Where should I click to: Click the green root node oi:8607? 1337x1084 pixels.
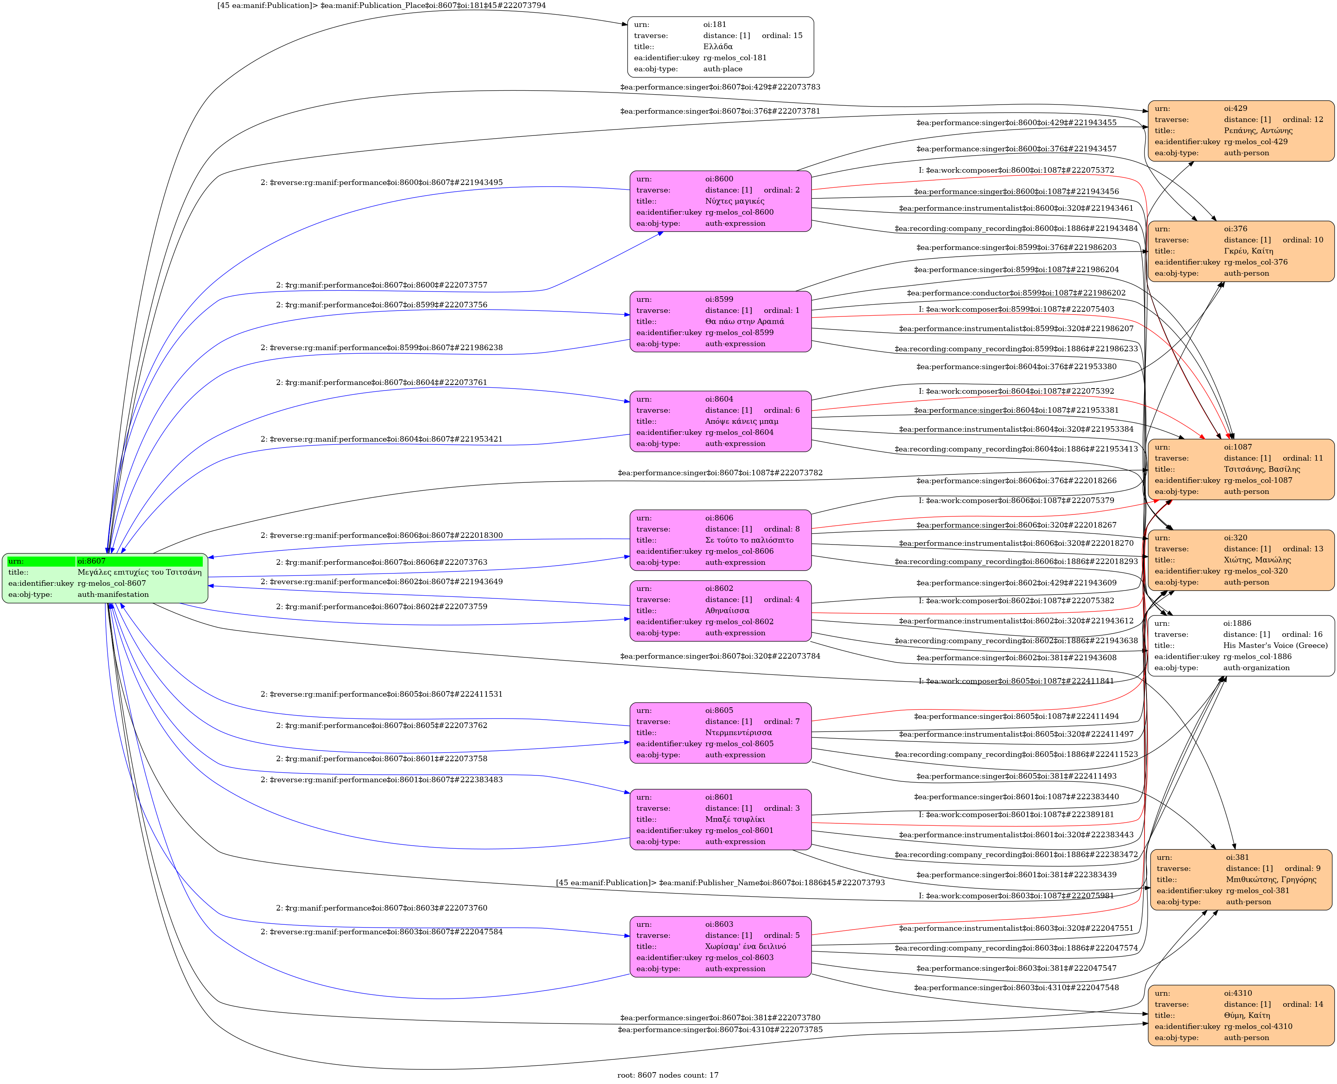point(105,577)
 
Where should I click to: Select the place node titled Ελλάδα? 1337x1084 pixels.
point(720,47)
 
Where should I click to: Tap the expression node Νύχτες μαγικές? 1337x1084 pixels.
point(720,201)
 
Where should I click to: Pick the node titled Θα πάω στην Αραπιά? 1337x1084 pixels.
point(720,322)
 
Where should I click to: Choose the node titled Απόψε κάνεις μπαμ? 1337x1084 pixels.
point(720,421)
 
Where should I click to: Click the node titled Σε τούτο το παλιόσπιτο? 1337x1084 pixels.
point(720,540)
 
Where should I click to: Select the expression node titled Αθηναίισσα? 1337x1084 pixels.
point(720,611)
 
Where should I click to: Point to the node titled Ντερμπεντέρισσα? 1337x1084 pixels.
point(720,732)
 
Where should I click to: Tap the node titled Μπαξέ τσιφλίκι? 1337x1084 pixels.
point(720,819)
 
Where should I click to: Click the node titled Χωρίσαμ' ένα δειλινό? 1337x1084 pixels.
point(720,947)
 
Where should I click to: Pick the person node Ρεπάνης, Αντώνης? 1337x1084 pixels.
point(1241,131)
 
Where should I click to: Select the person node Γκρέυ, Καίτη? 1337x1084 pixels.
point(1241,251)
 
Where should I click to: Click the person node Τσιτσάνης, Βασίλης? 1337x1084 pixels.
point(1241,469)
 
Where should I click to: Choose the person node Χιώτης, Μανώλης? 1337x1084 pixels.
point(1241,560)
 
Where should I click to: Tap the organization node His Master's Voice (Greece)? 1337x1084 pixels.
point(1241,646)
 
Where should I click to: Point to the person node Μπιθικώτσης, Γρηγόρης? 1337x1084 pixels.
point(1241,879)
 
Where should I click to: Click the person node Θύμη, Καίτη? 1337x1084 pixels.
point(1241,1015)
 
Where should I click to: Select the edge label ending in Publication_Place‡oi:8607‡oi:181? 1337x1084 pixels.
point(381,6)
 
